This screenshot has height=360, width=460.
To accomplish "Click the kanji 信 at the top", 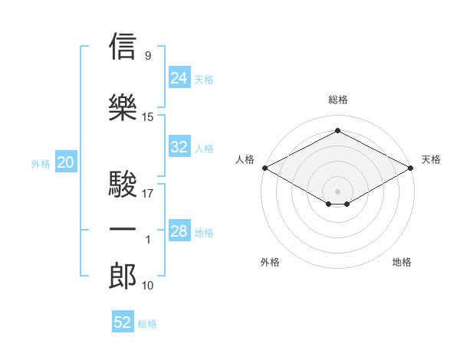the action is point(123,46).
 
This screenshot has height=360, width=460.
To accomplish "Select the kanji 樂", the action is point(123,107).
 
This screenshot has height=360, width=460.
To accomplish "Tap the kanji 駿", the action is point(123,184).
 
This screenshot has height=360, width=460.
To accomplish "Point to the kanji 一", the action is point(123,229).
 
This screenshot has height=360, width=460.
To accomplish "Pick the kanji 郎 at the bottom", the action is point(123,276).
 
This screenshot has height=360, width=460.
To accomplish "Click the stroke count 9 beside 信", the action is point(148,55).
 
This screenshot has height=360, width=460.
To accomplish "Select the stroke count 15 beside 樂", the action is point(147,117).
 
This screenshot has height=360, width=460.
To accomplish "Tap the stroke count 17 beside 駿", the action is point(147,194).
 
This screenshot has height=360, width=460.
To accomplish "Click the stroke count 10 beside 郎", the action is point(147,286).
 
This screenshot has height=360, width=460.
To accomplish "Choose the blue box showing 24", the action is point(179,77).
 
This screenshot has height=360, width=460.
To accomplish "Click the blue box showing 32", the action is point(179,146).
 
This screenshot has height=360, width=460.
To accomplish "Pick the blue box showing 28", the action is point(179,230).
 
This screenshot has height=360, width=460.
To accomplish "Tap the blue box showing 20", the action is point(66,162).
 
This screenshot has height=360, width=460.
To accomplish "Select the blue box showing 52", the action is point(123,321).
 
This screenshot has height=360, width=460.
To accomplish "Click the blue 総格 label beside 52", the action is point(147,324).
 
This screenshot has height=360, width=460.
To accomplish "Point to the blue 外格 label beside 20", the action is point(41,164).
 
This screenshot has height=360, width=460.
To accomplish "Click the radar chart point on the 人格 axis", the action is point(265,168).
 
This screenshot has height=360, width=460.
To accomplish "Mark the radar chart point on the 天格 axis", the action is point(411,168).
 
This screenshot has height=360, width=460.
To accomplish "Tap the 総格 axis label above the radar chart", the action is point(338,100).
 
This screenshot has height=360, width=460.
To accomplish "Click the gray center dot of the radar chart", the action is point(337,191).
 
